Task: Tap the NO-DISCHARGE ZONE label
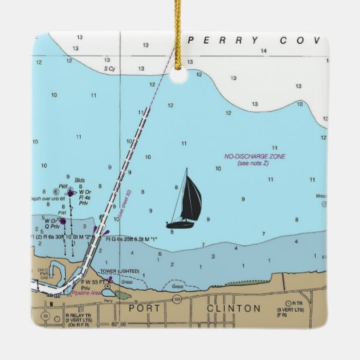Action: click(x=255, y=157)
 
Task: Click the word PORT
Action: click(x=145, y=308)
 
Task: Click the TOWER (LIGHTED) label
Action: click(x=119, y=272)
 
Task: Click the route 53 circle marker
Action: click(x=46, y=316)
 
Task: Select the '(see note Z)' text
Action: click(x=254, y=164)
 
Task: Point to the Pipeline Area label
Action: click(x=86, y=293)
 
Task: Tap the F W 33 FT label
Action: click(x=84, y=281)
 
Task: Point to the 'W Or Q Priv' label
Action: click(x=52, y=223)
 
